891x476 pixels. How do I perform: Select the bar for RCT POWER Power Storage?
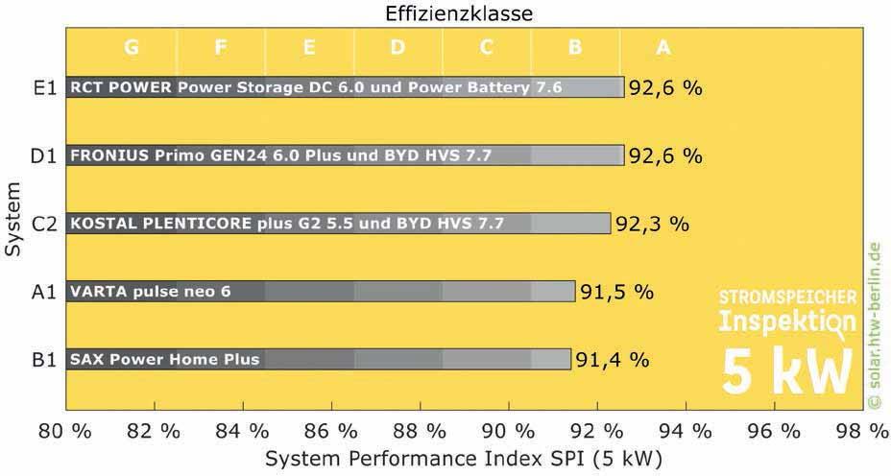345,87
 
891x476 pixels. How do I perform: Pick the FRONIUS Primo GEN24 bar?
345,155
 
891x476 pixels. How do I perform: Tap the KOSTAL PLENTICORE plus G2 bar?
338,224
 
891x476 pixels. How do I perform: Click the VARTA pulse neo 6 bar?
320,292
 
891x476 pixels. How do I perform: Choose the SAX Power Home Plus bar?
318,360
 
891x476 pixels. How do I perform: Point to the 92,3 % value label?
652,224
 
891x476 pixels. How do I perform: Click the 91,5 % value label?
616,292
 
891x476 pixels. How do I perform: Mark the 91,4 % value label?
613,360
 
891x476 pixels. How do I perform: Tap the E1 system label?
44,87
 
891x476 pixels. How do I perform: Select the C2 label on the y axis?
44,224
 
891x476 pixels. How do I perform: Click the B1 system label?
44,360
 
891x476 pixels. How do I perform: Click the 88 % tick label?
420,431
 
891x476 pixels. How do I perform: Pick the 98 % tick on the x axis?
861,431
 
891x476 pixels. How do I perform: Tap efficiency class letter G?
132,46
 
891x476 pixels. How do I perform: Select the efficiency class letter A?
662,46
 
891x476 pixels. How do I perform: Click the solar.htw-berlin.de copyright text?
873,326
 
